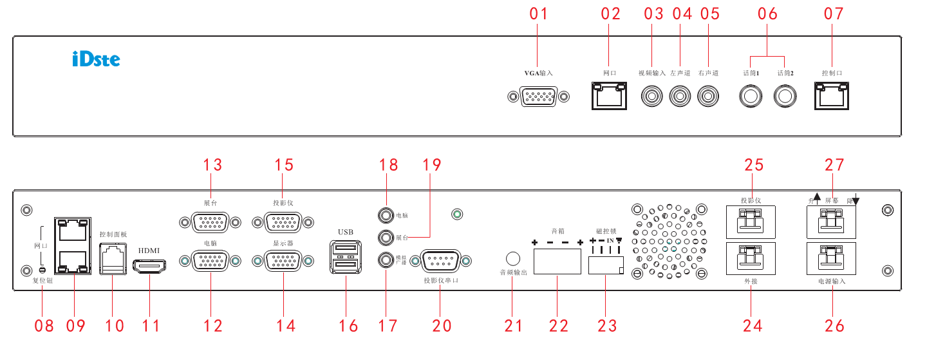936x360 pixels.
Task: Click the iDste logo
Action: pos(96,60)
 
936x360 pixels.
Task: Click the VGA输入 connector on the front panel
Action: pos(538,97)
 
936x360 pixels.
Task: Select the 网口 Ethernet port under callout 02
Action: pos(608,97)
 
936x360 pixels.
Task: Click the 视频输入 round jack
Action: pos(651,97)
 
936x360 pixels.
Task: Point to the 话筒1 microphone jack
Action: pos(750,97)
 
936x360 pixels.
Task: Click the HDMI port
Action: pos(149,265)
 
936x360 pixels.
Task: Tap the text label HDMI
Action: pos(149,250)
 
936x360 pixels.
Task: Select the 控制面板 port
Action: pos(113,257)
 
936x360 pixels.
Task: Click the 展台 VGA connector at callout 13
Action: pos(209,222)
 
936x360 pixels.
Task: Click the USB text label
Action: pos(346,231)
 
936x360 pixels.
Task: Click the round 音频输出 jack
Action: pos(513,259)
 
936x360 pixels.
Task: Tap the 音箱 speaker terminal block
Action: pos(557,262)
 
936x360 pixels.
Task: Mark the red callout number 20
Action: pos(442,326)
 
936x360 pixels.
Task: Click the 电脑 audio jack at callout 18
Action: pos(386,215)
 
